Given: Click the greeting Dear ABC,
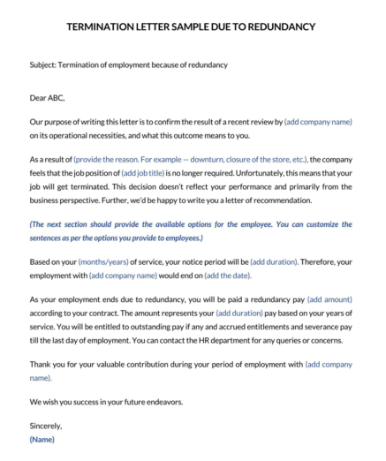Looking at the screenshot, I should [x=47, y=97].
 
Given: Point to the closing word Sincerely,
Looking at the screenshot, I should [x=46, y=426].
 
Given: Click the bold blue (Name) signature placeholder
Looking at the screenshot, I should [x=42, y=439].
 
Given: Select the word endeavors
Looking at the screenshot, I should [x=160, y=402].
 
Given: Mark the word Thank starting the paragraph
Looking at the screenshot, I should [x=41, y=364].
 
